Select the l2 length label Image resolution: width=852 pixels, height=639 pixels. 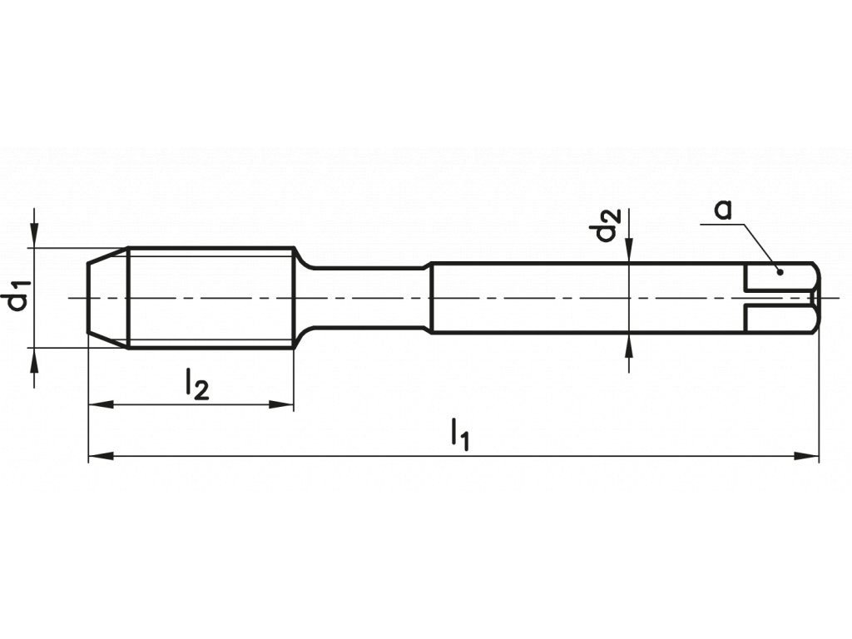[x=196, y=385]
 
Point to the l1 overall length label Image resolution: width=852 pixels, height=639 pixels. [x=460, y=434]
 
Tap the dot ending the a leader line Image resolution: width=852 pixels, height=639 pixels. [x=780, y=271]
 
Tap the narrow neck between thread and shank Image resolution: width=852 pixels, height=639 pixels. [x=366, y=297]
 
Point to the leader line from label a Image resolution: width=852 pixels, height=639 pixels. [x=757, y=243]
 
